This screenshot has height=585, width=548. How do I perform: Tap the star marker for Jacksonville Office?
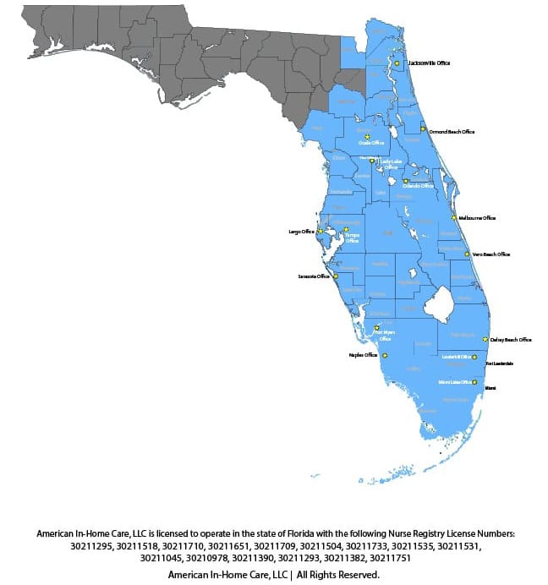[x=397, y=63]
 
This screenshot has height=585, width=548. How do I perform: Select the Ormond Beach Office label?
[x=452, y=132]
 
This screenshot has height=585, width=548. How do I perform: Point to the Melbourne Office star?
[x=454, y=218]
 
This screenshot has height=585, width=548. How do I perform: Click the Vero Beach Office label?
[x=490, y=254]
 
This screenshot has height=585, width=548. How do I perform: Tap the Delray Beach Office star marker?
[x=485, y=340]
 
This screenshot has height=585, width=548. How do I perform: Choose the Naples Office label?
[x=363, y=356]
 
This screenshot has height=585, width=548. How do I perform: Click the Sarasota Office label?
[x=313, y=276]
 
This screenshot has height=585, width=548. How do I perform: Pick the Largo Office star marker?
[x=320, y=231]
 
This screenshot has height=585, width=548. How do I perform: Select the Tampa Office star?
[x=346, y=229]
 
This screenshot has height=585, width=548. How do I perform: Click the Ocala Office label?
[x=371, y=143]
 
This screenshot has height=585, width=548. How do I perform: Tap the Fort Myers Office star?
[x=376, y=328]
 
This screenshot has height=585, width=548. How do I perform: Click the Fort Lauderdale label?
[x=500, y=364]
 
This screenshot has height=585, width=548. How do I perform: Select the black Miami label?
[x=490, y=388]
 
